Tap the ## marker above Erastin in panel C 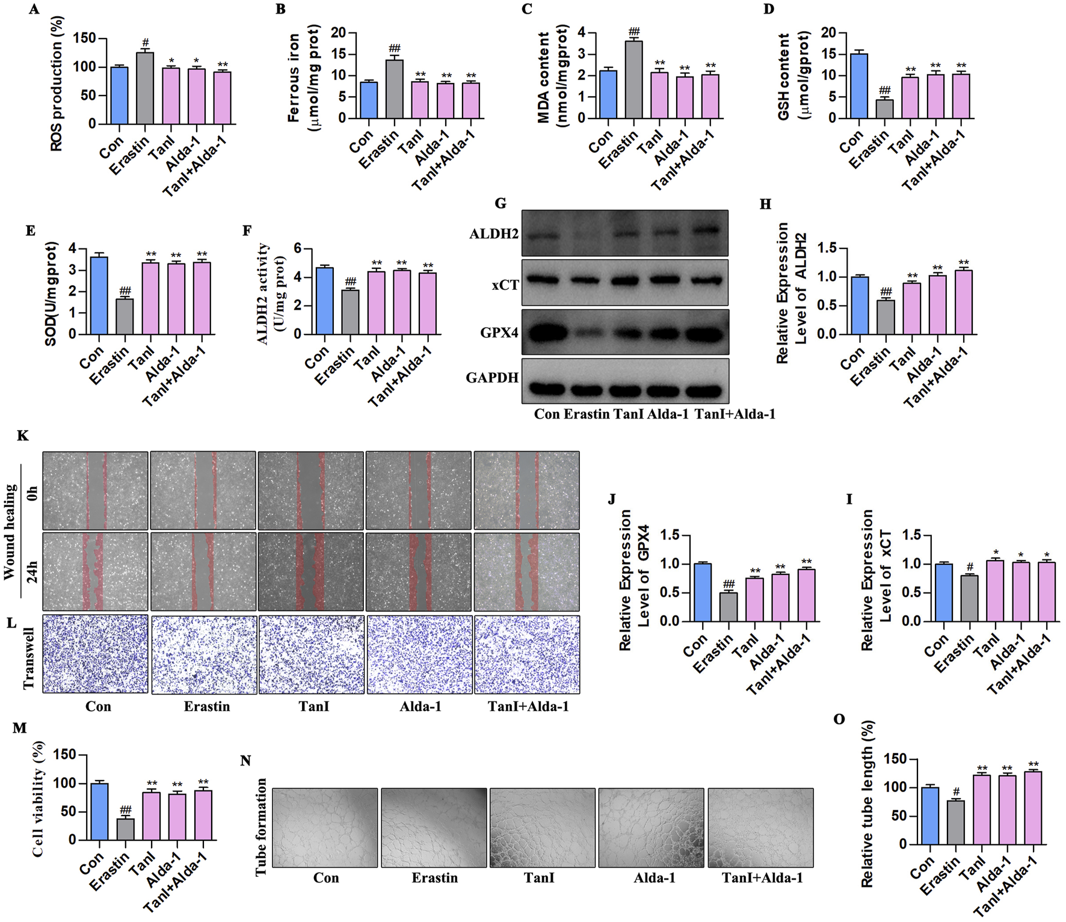point(633,32)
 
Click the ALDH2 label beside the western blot point(494,233)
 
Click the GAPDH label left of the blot point(492,378)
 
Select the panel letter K point(23,435)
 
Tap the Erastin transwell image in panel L point(204,654)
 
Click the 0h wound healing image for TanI point(310,490)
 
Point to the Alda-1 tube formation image point(651,828)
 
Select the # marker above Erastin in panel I point(970,567)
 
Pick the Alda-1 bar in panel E point(176,298)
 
